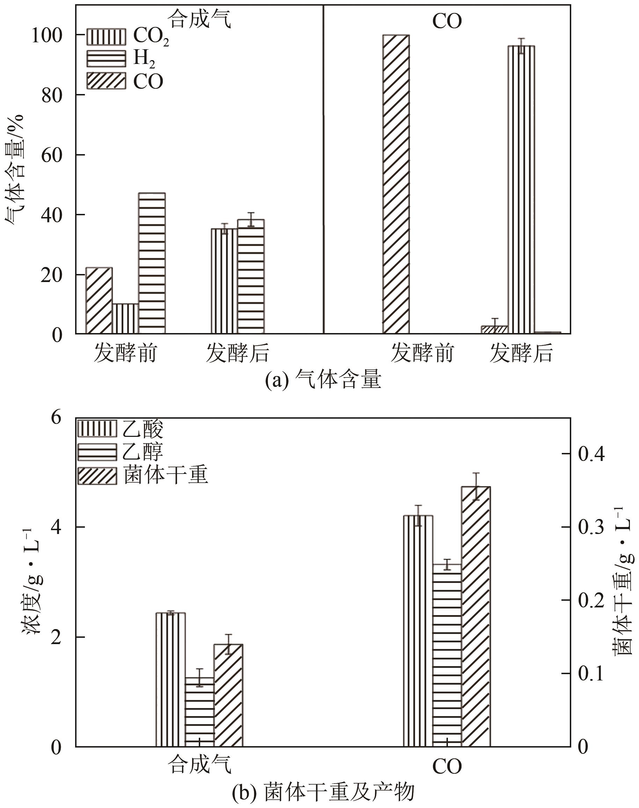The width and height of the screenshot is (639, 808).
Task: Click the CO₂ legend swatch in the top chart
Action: click(x=106, y=37)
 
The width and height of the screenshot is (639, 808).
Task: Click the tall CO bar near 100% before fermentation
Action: click(x=396, y=183)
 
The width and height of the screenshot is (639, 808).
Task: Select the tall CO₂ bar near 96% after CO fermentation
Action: click(x=521, y=189)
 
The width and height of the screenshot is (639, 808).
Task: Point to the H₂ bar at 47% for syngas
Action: click(x=152, y=263)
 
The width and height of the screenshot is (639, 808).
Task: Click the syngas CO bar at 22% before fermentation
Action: click(x=99, y=300)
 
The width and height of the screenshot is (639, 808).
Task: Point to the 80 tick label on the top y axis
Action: click(x=52, y=96)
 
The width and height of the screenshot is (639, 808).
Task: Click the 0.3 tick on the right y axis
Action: click(x=591, y=527)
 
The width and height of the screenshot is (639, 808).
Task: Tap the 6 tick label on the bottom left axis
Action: click(x=56, y=418)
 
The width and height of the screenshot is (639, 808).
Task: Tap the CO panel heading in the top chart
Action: click(x=447, y=22)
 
